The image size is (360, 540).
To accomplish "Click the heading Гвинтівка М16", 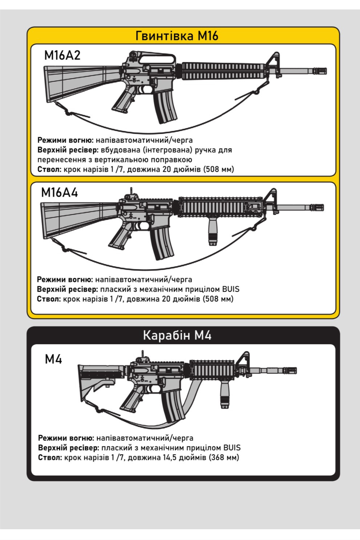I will (177, 36).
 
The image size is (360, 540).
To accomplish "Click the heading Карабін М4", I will (177, 335).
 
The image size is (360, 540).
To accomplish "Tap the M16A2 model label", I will (62, 55).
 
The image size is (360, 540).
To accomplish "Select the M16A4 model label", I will (59, 193).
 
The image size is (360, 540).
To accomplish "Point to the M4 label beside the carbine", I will (53, 359).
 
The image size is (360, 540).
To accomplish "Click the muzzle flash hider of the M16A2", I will (320, 71).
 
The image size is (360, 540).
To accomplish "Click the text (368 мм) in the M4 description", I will (224, 458).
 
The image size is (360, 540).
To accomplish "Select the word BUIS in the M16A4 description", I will (231, 289).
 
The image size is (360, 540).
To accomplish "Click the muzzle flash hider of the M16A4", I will (317, 207).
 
